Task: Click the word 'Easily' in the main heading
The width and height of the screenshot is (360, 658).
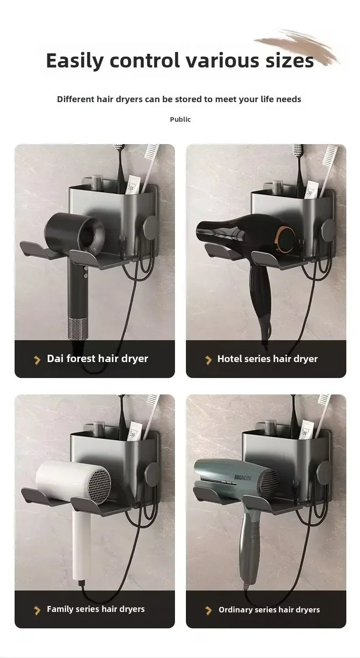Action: tap(74, 61)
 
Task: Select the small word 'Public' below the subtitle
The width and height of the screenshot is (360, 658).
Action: tap(180, 119)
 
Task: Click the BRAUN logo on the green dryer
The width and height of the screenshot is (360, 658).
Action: tap(242, 477)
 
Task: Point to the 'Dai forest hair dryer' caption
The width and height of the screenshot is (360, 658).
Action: tap(97, 359)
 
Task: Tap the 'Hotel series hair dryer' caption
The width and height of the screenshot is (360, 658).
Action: tap(267, 359)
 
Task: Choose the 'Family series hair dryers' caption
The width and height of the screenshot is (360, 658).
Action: tap(96, 609)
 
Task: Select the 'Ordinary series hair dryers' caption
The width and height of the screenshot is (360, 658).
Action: tap(269, 610)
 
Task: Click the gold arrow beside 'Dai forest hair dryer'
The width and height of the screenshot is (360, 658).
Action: tap(37, 360)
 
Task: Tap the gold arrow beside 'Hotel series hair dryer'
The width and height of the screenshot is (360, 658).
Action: tap(209, 360)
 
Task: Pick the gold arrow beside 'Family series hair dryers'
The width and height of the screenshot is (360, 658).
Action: tap(37, 610)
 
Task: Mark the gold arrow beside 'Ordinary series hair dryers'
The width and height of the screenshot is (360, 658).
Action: tap(209, 610)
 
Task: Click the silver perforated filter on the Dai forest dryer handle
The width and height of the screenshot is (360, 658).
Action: tap(78, 327)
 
